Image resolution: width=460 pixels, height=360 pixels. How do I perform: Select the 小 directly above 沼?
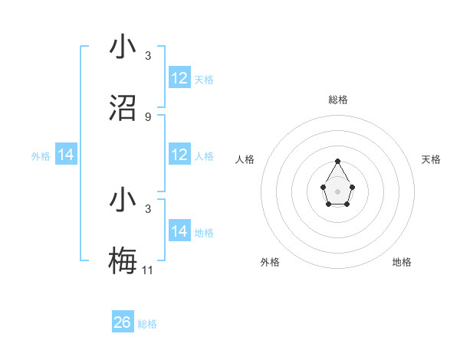(x=123, y=47)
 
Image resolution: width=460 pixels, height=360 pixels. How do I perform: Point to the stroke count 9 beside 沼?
(x=148, y=117)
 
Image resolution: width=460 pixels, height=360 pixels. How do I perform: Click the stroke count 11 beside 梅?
(x=148, y=270)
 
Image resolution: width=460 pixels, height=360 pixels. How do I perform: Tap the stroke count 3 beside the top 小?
(x=148, y=56)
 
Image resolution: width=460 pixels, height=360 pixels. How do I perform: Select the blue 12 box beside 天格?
(x=179, y=78)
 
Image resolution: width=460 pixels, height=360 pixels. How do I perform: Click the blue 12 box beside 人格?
(x=179, y=155)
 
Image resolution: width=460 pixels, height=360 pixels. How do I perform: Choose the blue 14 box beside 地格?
(x=179, y=231)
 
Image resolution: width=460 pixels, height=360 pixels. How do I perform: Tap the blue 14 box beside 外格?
(x=66, y=155)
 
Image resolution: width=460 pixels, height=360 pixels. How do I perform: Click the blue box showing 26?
(x=123, y=322)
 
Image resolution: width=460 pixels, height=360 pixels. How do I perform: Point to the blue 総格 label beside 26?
(x=147, y=324)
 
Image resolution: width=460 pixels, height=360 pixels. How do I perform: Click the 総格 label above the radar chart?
(x=338, y=100)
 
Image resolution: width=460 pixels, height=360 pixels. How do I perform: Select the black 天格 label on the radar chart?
(x=431, y=159)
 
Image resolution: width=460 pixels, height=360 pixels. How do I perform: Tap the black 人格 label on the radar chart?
(x=245, y=159)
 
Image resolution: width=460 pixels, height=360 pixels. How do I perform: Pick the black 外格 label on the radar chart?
(x=270, y=262)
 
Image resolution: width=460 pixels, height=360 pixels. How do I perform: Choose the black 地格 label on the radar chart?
(x=402, y=262)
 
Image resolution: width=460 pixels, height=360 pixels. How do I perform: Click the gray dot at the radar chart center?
(x=338, y=191)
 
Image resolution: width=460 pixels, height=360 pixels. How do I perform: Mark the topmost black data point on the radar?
(x=338, y=161)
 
